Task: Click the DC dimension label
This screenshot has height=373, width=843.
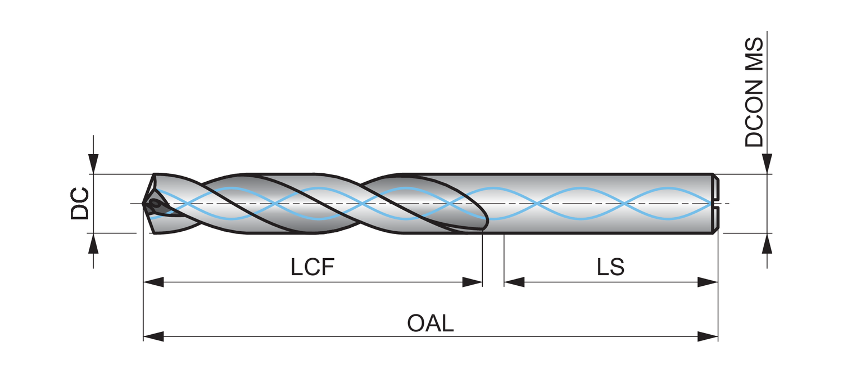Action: pyautogui.click(x=79, y=203)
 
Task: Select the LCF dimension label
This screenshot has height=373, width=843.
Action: pyautogui.click(x=312, y=267)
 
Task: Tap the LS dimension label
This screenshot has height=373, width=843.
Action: pyautogui.click(x=611, y=267)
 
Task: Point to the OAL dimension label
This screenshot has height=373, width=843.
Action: pyautogui.click(x=430, y=324)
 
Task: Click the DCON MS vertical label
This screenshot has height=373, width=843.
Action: pyautogui.click(x=754, y=93)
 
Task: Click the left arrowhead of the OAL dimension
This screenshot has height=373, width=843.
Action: pyautogui.click(x=153, y=336)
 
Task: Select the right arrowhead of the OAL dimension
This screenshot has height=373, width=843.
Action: pyautogui.click(x=709, y=336)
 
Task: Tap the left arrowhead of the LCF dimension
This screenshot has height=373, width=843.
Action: pyautogui.click(x=153, y=282)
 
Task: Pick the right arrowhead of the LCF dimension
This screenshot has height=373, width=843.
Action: pyautogui.click(x=473, y=282)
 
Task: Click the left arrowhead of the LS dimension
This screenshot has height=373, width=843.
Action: pyautogui.click(x=514, y=282)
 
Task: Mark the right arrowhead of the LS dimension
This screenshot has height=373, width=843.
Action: pyautogui.click(x=709, y=282)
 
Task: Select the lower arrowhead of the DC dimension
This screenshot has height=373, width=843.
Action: pyautogui.click(x=93, y=242)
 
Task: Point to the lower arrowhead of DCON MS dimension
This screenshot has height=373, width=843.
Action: pyautogui.click(x=768, y=242)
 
